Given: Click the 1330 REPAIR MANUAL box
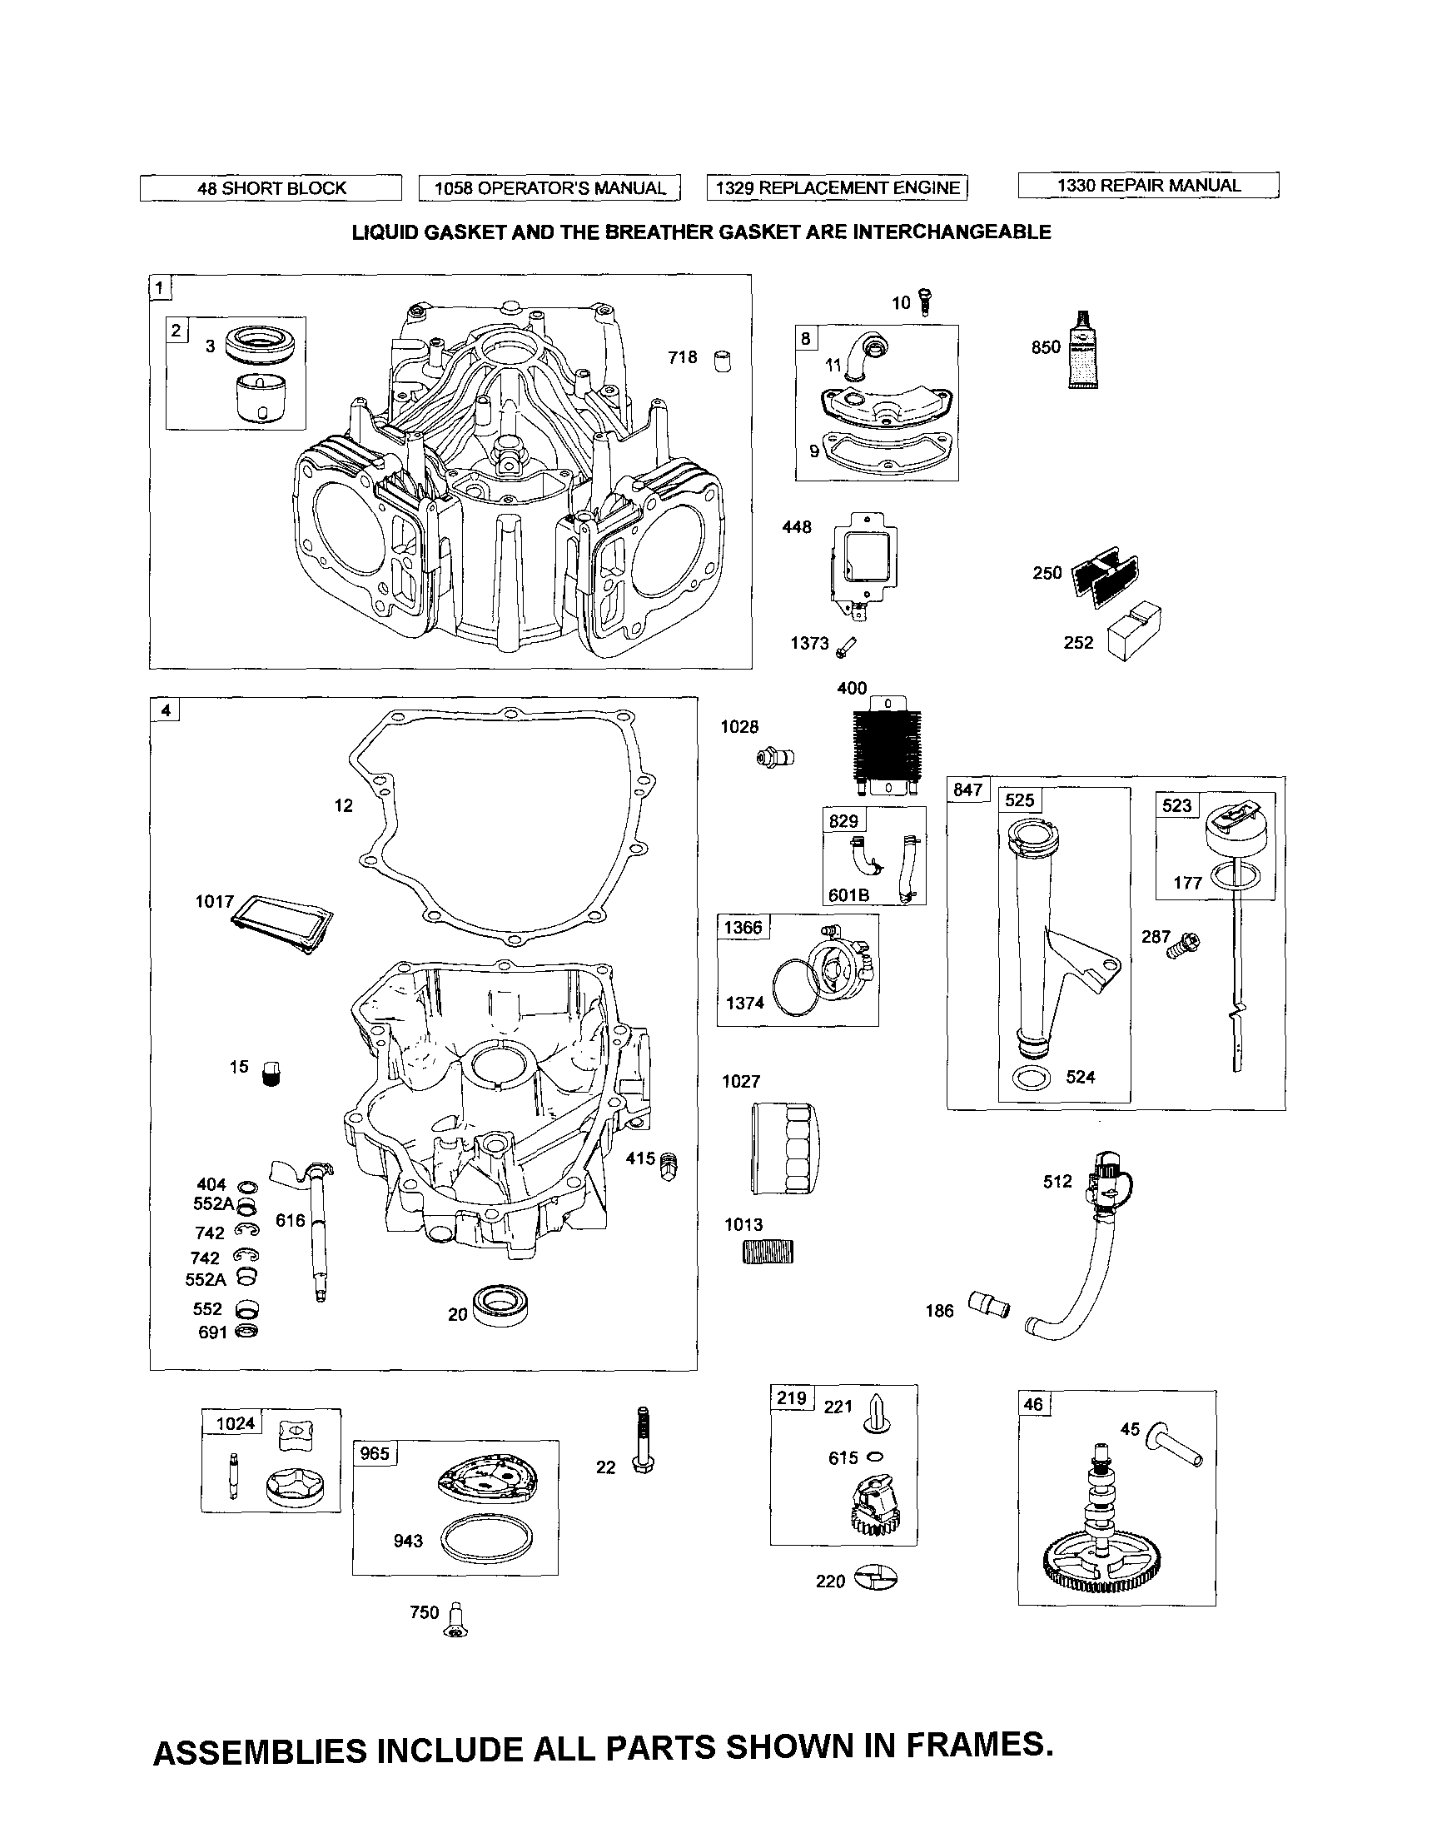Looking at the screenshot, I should pos(1148,186).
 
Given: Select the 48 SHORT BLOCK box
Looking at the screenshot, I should pos(271,188).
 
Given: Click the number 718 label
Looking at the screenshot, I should pos(682,357).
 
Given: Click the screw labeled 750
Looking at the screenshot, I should pos(457,1620).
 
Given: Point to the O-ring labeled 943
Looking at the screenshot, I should pos(489,1537).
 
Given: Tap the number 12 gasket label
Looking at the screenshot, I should pos(342,805).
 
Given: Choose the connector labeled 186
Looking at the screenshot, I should pos(989,1304).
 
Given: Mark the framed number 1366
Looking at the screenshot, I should pos(743,928).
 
